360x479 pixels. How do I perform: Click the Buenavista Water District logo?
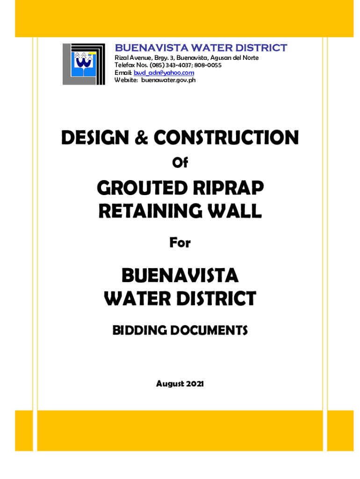pyautogui.click(x=84, y=64)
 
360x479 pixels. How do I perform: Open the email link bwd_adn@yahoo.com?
pyautogui.click(x=164, y=73)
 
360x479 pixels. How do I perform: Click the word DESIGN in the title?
pyautogui.click(x=94, y=138)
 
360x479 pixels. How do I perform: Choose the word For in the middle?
pyautogui.click(x=180, y=243)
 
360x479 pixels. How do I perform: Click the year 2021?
pyautogui.click(x=196, y=384)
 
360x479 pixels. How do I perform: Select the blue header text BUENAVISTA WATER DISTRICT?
pyautogui.click(x=201, y=48)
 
